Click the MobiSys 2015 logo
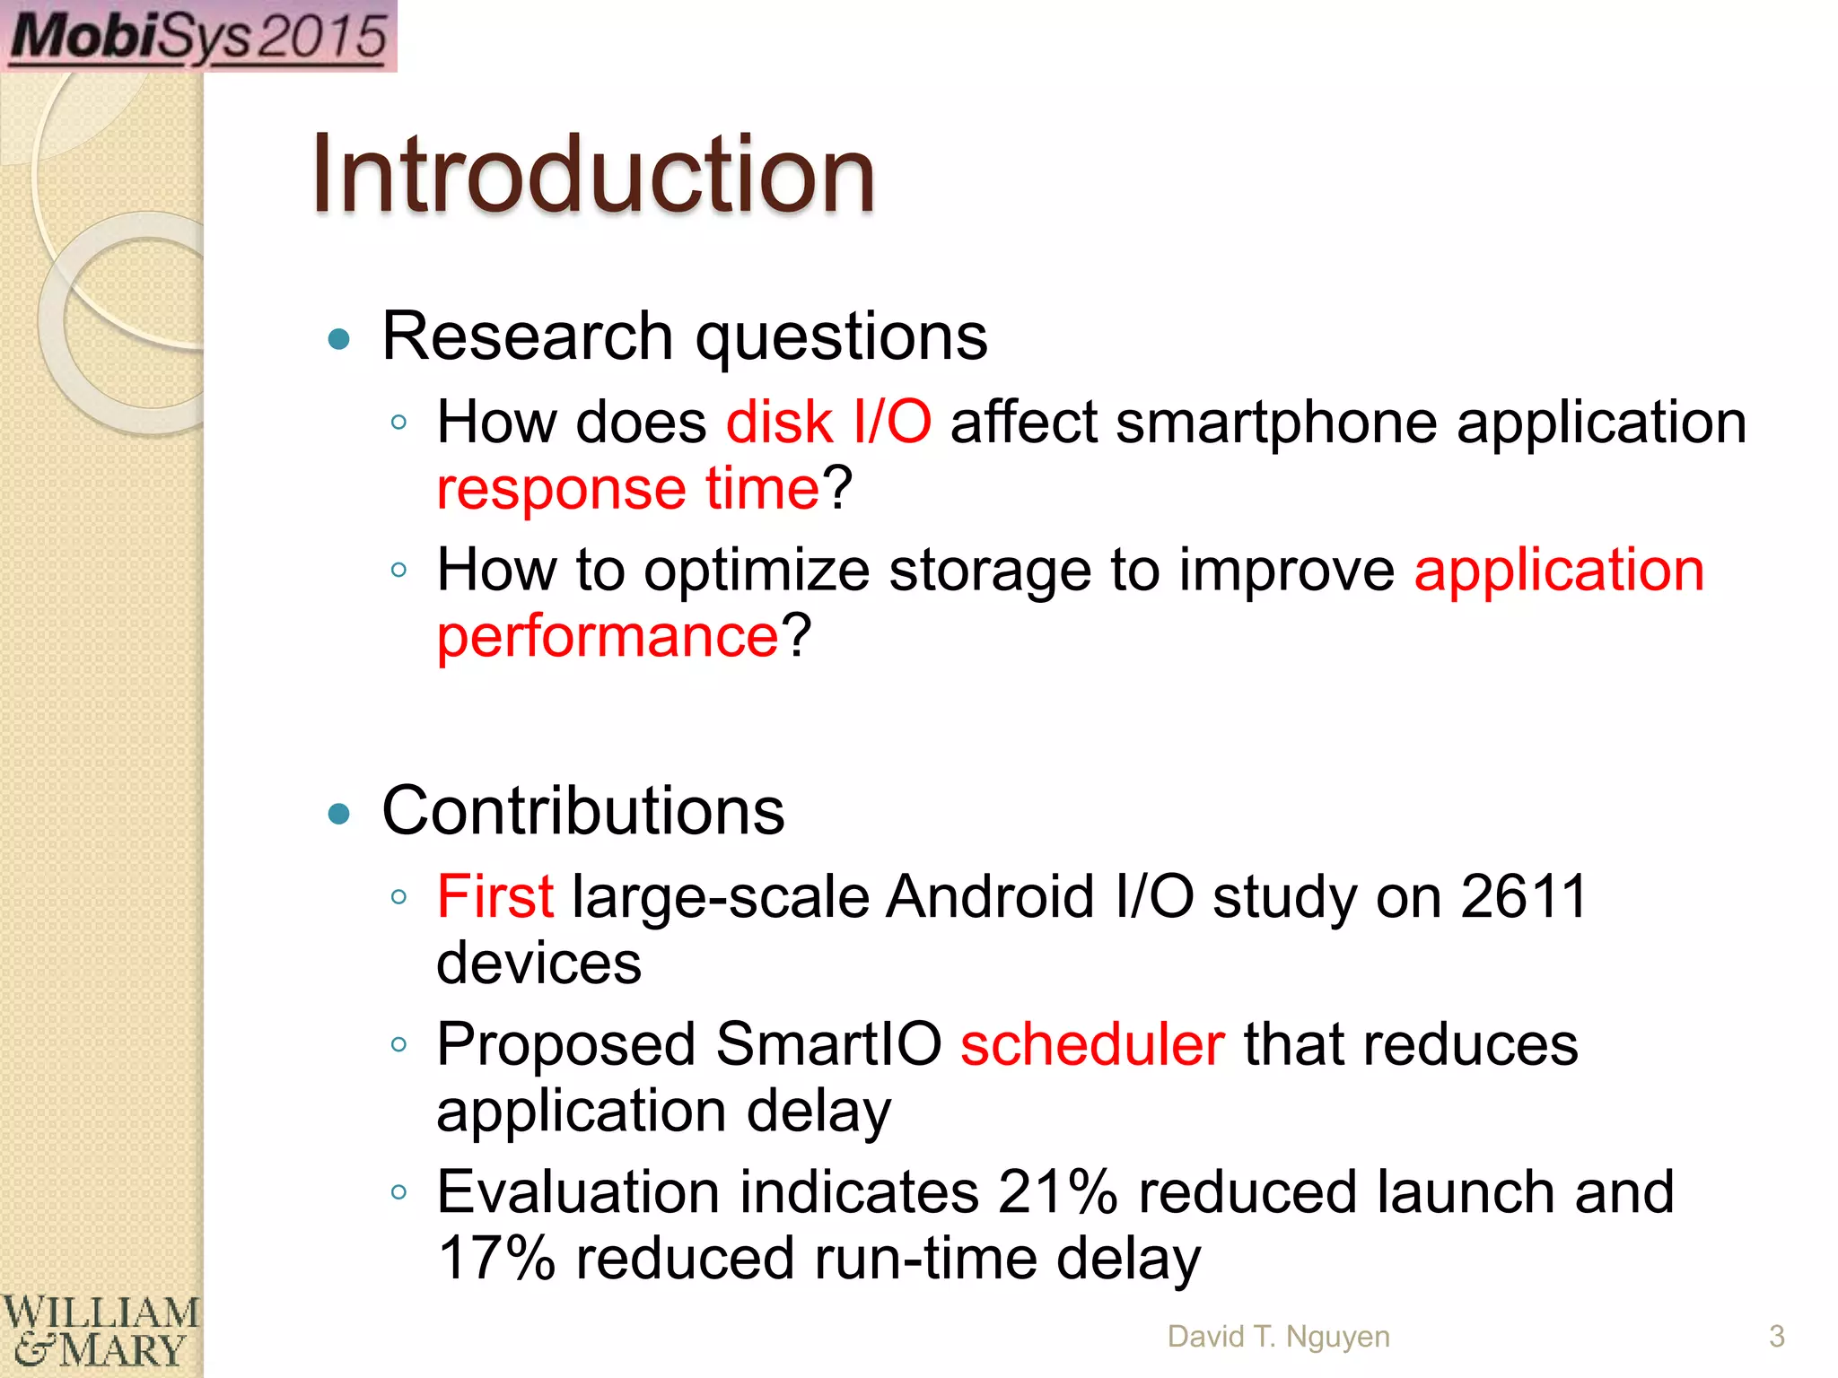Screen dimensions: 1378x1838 198,36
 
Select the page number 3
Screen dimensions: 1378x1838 1776,1336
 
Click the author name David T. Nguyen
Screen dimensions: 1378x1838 1278,1336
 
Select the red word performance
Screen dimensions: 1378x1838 608,636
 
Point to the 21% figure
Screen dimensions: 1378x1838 1057,1192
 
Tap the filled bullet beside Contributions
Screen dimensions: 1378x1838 339,814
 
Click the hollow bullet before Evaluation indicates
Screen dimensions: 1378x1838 399,1192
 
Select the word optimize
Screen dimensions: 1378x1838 757,571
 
